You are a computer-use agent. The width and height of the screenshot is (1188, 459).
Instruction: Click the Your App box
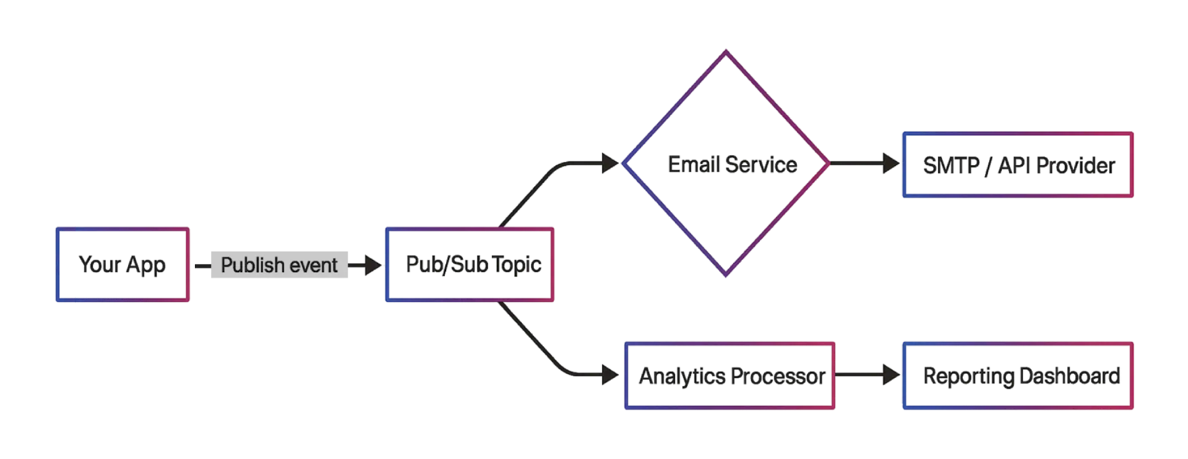click(123, 265)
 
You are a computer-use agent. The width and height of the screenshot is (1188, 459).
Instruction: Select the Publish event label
click(279, 265)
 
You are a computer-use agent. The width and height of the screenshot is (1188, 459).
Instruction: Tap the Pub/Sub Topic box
click(469, 265)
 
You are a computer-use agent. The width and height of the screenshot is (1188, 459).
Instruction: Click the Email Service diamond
click(726, 164)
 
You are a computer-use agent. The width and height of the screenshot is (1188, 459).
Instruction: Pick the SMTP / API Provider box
click(1018, 165)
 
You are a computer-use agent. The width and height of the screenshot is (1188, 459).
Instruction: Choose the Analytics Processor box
click(730, 375)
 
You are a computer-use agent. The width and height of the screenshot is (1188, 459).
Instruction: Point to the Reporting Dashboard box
click(1018, 375)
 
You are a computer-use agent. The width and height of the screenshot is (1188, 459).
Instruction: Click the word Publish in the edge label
click(252, 265)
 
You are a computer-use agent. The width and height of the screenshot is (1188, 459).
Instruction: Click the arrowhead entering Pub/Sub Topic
click(374, 265)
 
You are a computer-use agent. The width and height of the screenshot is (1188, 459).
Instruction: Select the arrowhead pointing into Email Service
click(611, 163)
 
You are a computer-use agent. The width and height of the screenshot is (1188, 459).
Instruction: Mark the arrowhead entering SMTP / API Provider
click(891, 163)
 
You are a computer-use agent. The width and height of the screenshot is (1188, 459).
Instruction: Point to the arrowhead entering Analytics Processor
click(610, 375)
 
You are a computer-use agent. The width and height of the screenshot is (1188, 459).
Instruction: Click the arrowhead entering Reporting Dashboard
click(891, 375)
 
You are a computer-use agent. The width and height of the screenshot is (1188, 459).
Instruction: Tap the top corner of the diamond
click(726, 52)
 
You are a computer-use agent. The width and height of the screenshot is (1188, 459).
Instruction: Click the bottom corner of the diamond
click(726, 275)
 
